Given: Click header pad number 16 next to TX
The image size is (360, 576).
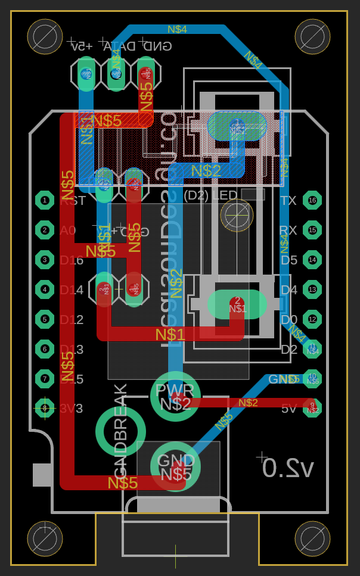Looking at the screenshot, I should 312,200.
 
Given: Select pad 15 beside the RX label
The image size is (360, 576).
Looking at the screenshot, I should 312,230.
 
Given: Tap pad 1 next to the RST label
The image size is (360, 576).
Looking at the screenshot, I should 45,200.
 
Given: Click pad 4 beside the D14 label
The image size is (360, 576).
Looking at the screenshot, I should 45,289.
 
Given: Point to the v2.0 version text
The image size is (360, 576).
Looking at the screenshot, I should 288,468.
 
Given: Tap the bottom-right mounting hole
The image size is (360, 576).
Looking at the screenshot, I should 312,538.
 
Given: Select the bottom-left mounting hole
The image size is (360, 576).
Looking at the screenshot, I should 45,538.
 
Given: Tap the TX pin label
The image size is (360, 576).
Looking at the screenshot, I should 288,201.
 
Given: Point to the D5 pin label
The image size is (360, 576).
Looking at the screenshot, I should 289,260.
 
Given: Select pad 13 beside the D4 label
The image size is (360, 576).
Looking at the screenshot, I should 312,289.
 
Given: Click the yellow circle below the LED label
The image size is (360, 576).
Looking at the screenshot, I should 237,215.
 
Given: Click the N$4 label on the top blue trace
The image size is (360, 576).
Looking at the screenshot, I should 177,29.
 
